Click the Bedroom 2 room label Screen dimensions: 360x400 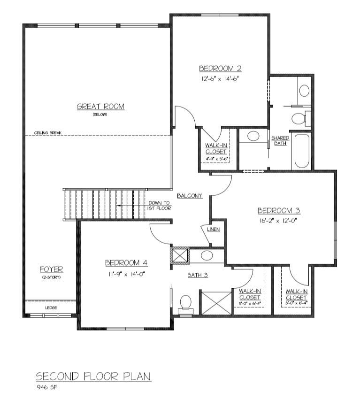[x=220, y=69]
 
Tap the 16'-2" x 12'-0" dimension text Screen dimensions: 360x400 [x=278, y=220]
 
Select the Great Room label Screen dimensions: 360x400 [x=100, y=107]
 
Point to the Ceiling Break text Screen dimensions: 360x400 [x=48, y=133]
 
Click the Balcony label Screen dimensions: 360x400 [x=190, y=196]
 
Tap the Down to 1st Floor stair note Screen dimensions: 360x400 [x=159, y=206]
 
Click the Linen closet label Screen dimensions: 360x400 [x=214, y=229]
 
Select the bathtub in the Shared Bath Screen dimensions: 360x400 [x=302, y=151]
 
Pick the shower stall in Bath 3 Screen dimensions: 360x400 [x=216, y=303]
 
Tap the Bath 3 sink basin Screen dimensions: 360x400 [x=207, y=255]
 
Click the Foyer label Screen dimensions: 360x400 [x=51, y=269]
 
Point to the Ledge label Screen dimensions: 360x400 [x=51, y=308]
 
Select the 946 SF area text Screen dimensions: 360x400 [x=46, y=387]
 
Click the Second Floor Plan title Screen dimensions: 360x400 [x=93, y=376]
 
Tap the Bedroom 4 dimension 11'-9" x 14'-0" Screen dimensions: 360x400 [x=126, y=274]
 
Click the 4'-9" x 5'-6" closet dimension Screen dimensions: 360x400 [x=216, y=159]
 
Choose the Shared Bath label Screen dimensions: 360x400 [x=280, y=140]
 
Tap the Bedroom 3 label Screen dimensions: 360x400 [x=279, y=211]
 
